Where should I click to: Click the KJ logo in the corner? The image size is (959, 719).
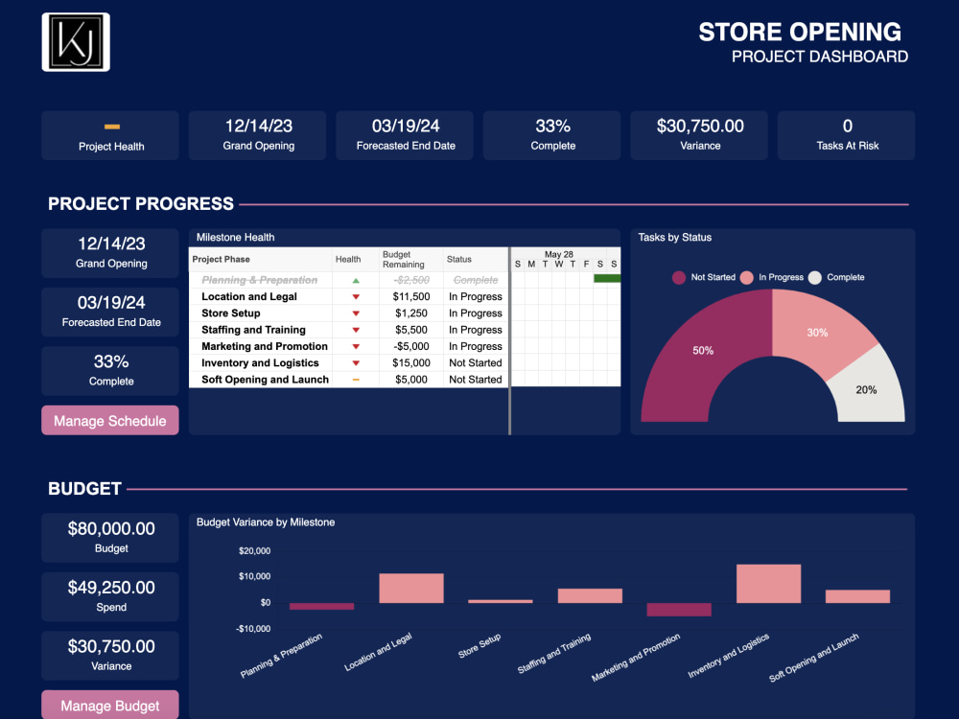(76, 42)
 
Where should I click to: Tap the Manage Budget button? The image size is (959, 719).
(110, 706)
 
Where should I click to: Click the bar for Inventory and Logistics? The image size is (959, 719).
(768, 583)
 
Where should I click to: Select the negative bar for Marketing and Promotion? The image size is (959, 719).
(679, 610)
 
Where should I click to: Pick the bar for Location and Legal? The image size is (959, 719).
(411, 588)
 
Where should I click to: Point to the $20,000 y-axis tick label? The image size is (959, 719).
(254, 550)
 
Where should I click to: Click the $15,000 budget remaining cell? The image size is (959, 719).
(411, 363)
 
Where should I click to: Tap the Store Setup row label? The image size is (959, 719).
(230, 313)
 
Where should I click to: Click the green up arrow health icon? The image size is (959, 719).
(356, 281)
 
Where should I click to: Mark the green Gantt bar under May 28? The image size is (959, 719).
(607, 278)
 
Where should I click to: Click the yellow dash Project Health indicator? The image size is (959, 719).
(111, 127)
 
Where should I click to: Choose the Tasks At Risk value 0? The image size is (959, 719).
(847, 126)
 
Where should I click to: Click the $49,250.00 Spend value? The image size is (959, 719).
(111, 588)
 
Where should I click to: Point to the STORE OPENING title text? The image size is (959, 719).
(800, 32)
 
